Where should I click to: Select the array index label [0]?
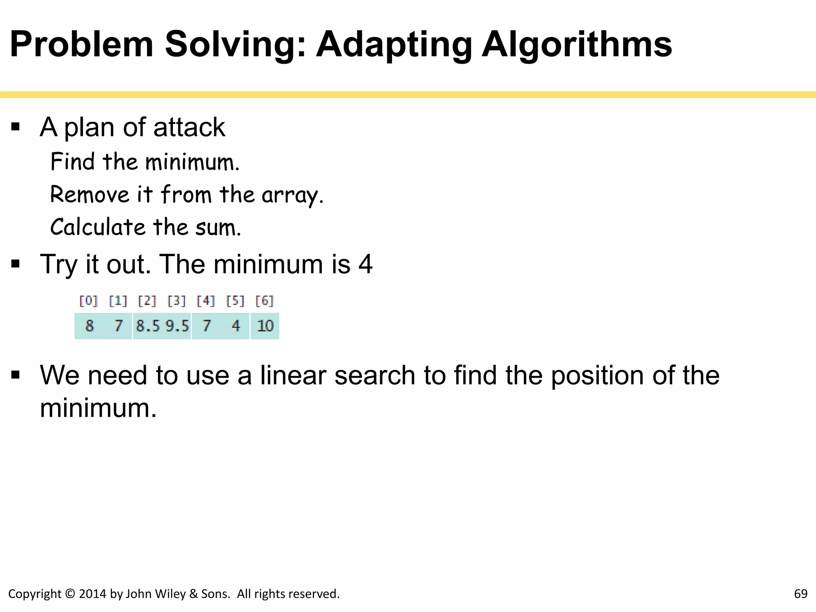click(88, 301)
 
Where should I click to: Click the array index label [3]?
click(177, 301)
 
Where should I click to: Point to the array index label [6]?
click(265, 301)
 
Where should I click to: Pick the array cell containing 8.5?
click(148, 326)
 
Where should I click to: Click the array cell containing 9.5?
click(177, 326)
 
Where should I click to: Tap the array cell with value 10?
click(265, 326)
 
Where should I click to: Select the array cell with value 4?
click(236, 326)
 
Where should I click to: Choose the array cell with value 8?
click(89, 326)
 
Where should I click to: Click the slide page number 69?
click(801, 594)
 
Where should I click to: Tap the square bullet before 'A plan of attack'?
click(16, 127)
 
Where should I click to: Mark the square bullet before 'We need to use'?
click(16, 375)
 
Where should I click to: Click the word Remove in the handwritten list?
click(90, 195)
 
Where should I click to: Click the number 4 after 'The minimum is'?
click(365, 264)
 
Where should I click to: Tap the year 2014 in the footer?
click(92, 594)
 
